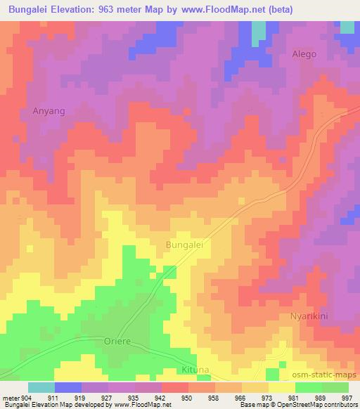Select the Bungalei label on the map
coord(184,245)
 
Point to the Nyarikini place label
coord(310,317)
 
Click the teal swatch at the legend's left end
coord(41,387)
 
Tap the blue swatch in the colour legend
coord(69,387)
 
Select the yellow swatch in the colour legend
coord(281,387)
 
